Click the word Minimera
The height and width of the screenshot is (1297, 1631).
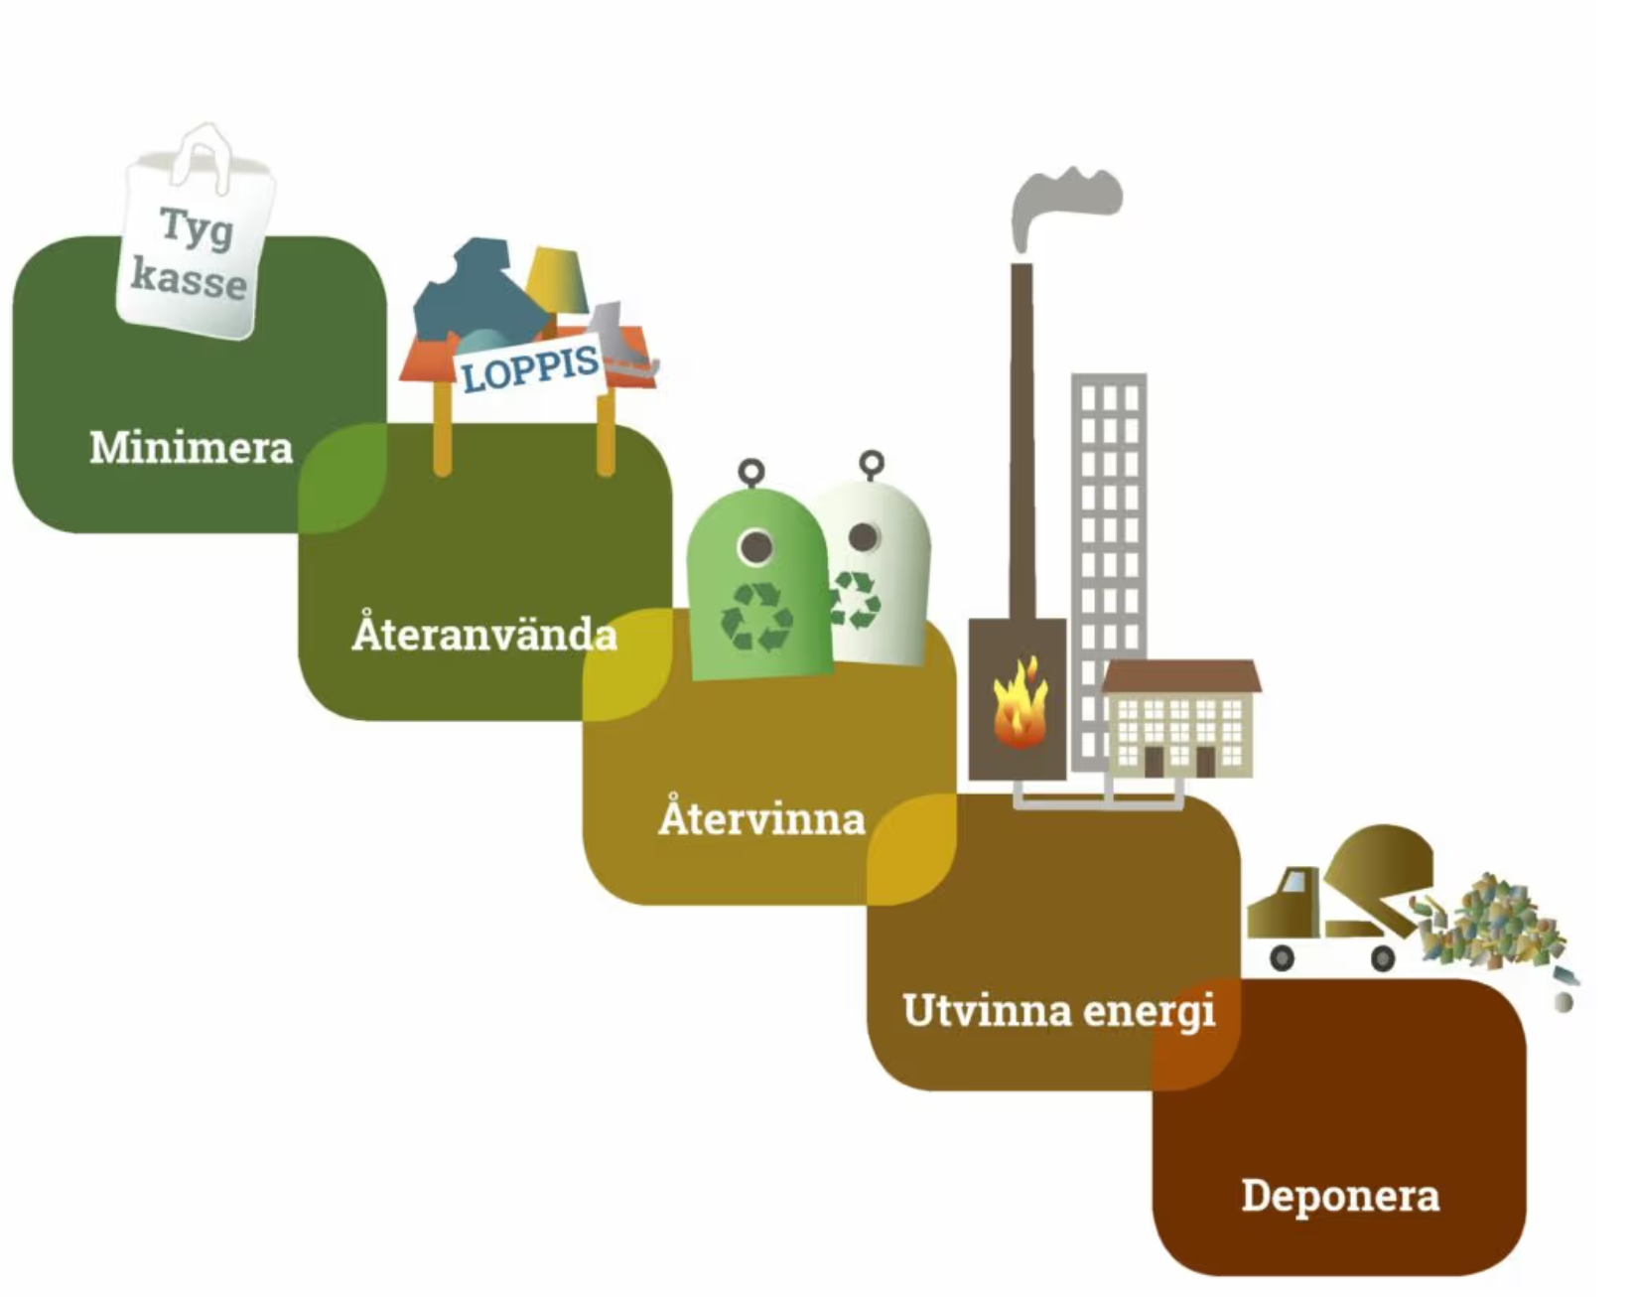[x=191, y=448]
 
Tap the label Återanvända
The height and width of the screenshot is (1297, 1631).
[x=484, y=634]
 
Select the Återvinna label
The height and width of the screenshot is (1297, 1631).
[x=761, y=819]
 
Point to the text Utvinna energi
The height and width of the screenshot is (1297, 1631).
[x=1058, y=1011]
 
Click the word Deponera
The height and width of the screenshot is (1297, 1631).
[x=1340, y=1196]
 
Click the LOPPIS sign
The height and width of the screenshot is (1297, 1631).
[x=530, y=369]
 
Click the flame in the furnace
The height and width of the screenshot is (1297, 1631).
[x=1019, y=703]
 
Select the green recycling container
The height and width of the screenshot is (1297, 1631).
[x=756, y=586]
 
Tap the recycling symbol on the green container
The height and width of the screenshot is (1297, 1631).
[x=756, y=617]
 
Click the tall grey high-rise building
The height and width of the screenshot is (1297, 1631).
[x=1109, y=516]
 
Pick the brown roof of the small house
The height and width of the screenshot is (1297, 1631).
[x=1181, y=677]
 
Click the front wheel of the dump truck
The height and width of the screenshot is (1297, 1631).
[x=1283, y=958]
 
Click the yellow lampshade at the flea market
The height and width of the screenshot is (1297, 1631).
[x=557, y=280]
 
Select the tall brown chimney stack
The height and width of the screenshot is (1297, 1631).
[x=1021, y=437]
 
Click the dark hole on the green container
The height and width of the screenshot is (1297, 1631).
[x=756, y=545]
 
